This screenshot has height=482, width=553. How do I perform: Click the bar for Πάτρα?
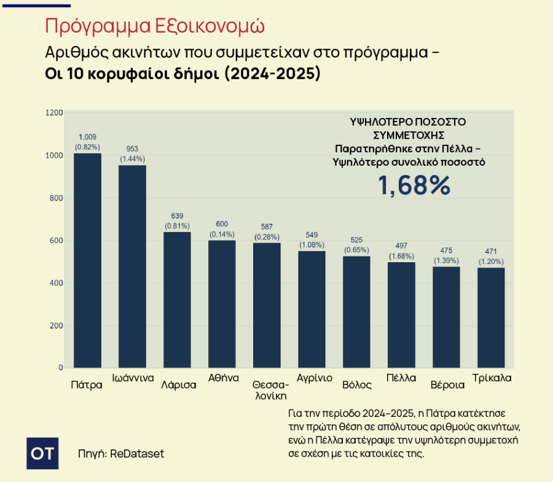87,260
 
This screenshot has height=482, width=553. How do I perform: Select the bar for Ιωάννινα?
132,266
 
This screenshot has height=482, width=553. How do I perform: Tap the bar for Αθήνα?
222,304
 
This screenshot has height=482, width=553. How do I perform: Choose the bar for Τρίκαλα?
491,317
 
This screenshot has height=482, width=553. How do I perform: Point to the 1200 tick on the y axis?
55,113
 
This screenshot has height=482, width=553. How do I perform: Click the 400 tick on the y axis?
57,283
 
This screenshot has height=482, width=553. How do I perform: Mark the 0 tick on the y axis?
60,368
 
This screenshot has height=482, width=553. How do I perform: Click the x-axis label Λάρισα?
178,385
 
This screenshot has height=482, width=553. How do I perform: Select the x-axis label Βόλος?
357,385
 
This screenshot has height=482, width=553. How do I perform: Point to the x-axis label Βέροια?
447,385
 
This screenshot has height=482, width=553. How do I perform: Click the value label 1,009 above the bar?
87,137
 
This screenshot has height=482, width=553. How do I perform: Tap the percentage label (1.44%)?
132,158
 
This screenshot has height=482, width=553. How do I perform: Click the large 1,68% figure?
414,185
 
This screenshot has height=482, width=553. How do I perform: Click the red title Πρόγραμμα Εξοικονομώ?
155,26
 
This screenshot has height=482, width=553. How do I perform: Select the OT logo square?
43,454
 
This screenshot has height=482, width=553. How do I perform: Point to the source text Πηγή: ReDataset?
121,454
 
